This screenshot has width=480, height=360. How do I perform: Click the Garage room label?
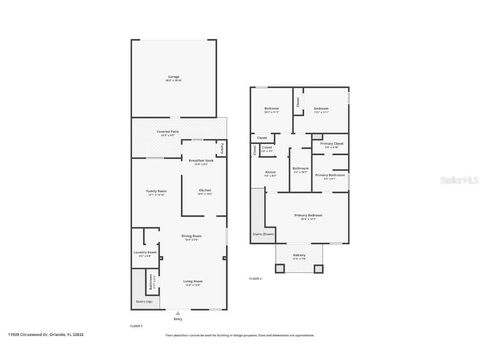(x=174, y=77)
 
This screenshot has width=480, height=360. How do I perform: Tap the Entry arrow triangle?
(x=178, y=313)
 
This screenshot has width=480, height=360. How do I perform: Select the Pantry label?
(x=222, y=148)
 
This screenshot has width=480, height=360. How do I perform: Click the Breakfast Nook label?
(x=201, y=160)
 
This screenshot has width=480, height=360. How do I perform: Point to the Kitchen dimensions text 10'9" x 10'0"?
(x=205, y=194)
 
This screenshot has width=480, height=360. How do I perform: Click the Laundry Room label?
(x=145, y=252)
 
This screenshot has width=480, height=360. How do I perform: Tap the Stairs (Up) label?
(x=144, y=302)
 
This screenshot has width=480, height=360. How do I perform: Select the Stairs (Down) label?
(x=263, y=234)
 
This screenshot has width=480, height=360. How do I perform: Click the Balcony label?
(x=299, y=255)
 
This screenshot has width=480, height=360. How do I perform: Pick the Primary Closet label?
(x=332, y=143)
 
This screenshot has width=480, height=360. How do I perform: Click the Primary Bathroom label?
(x=330, y=175)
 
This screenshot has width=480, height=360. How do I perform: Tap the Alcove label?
(x=270, y=172)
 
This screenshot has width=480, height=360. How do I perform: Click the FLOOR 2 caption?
(x=255, y=279)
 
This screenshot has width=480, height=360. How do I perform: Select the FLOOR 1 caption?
(x=137, y=326)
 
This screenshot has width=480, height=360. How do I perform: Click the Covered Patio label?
(x=167, y=132)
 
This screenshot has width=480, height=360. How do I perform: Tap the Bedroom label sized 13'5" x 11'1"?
(x=321, y=108)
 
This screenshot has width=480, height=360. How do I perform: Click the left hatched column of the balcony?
(x=280, y=269)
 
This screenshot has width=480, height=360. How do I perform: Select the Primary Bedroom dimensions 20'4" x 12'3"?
(x=308, y=219)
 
